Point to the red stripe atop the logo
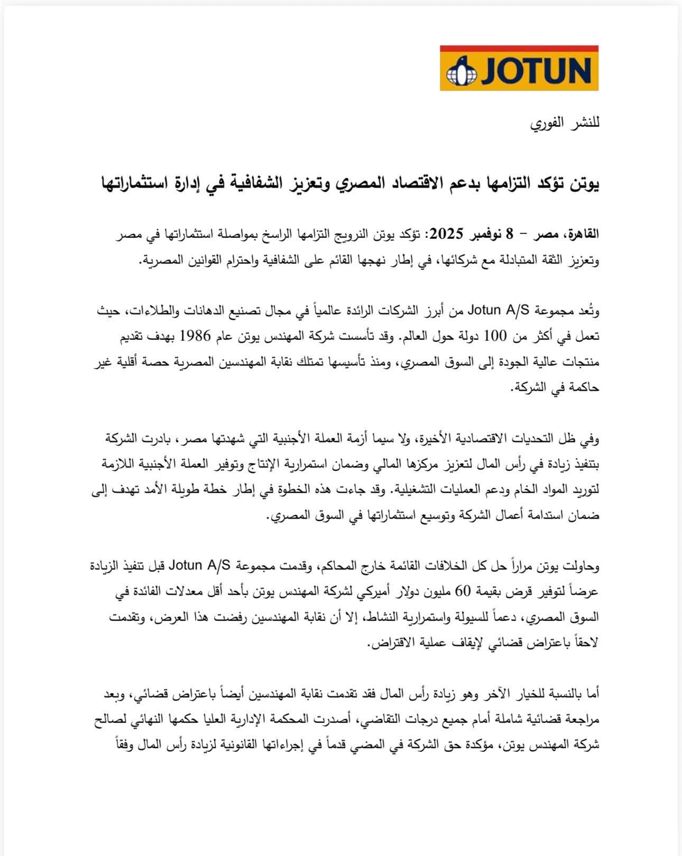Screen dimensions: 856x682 point(519,48)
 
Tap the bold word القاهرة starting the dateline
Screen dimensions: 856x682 point(582,233)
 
